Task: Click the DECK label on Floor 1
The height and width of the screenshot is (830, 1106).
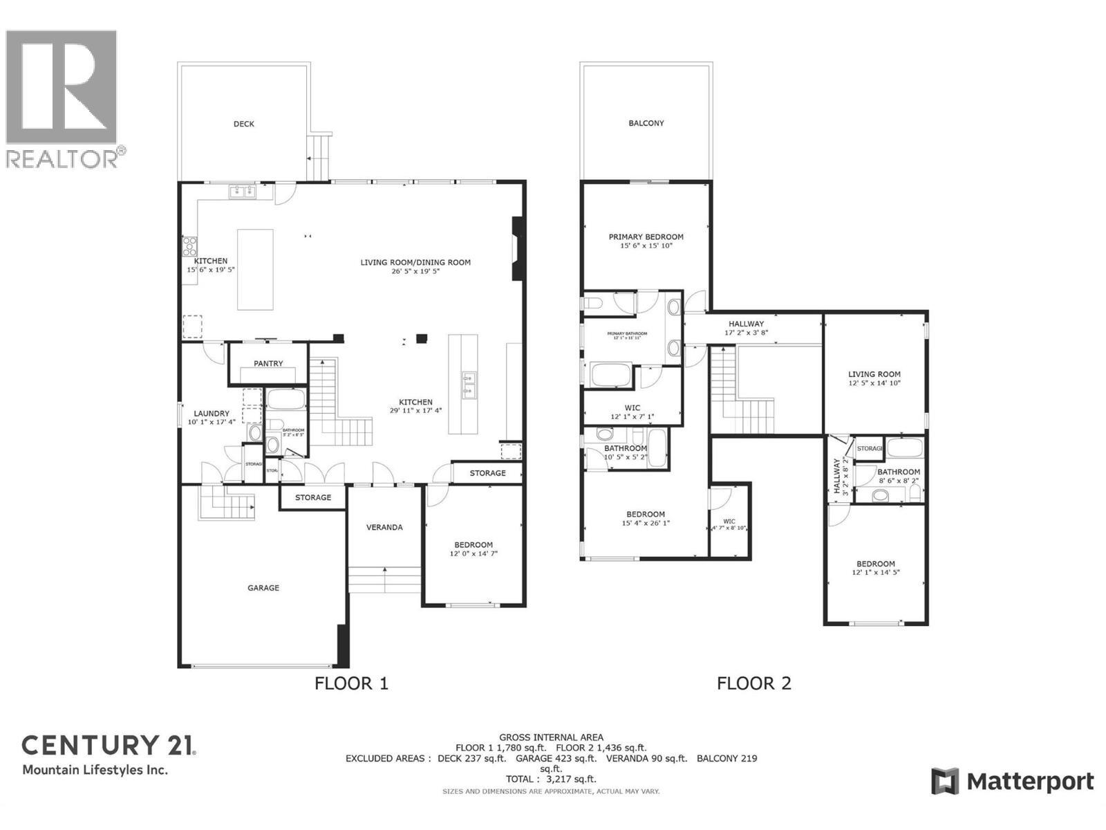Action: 243,124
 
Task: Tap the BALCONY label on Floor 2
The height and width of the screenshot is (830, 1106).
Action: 646,123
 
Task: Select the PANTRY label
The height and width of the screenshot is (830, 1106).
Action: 268,363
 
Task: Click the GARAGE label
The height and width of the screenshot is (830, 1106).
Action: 263,588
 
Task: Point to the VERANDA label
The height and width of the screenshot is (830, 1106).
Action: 384,527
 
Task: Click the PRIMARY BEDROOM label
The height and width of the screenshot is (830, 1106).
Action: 646,237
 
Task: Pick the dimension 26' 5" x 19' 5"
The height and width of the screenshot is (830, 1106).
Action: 415,272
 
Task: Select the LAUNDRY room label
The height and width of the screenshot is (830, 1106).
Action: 211,413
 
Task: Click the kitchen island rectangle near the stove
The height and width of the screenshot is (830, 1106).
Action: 255,270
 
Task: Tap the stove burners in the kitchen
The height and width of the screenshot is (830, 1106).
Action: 189,246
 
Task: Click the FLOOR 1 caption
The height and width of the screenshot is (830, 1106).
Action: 351,683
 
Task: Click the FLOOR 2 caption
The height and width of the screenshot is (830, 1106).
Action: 753,683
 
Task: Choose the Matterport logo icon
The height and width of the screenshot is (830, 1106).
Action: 945,782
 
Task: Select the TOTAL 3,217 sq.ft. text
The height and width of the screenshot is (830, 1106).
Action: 550,779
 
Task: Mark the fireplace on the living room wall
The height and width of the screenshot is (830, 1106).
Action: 516,249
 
